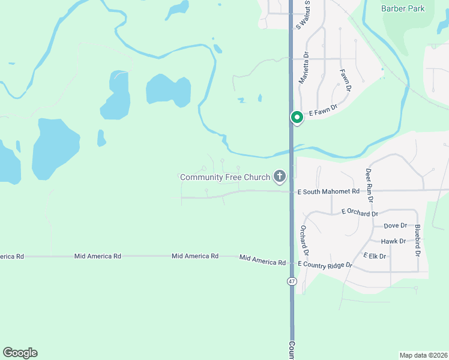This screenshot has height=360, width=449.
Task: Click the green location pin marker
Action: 297,118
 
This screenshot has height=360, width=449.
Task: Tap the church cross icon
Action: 279,176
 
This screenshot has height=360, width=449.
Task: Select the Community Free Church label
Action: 225,177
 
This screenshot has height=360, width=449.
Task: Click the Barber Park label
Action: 403,8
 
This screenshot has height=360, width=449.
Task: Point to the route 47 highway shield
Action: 292,281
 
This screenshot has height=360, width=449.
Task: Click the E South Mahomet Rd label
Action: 328,191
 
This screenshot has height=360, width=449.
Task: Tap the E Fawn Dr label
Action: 324,112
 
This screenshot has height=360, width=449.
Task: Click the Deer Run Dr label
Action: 370,185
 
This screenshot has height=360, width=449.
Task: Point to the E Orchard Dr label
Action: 360,212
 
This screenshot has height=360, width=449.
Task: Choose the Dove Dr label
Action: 395,226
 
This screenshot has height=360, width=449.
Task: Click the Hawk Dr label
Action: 394,241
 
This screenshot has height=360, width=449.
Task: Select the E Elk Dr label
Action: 374,256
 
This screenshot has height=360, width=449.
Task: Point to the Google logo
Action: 20,353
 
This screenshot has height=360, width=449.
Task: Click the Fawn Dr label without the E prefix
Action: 345,80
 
